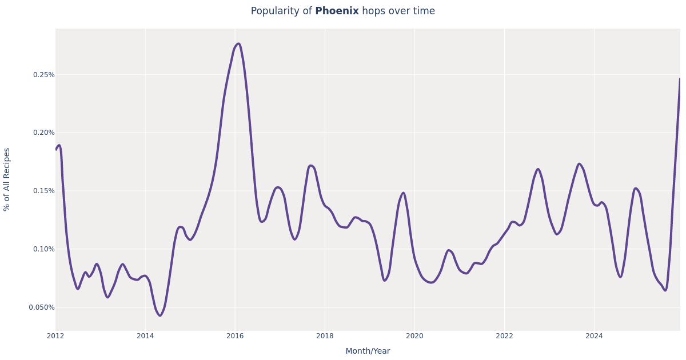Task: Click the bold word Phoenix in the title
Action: point(337,11)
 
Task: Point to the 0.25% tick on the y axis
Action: point(43,75)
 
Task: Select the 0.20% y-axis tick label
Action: point(43,133)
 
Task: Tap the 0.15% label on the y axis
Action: point(43,191)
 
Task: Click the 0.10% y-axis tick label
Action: point(43,249)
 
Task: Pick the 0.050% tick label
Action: point(42,307)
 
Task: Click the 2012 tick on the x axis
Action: point(55,336)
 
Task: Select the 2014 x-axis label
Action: point(145,336)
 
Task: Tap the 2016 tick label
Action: point(235,336)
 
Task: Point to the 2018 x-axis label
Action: point(325,336)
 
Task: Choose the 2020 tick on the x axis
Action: point(414,336)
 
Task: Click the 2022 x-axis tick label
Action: point(504,336)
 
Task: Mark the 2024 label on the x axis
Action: point(594,336)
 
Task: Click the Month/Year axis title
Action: point(368,351)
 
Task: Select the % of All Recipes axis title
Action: point(7,179)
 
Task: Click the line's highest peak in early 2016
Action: point(238,43)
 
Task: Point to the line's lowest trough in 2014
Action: point(160,315)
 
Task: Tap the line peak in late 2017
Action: point(310,166)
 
